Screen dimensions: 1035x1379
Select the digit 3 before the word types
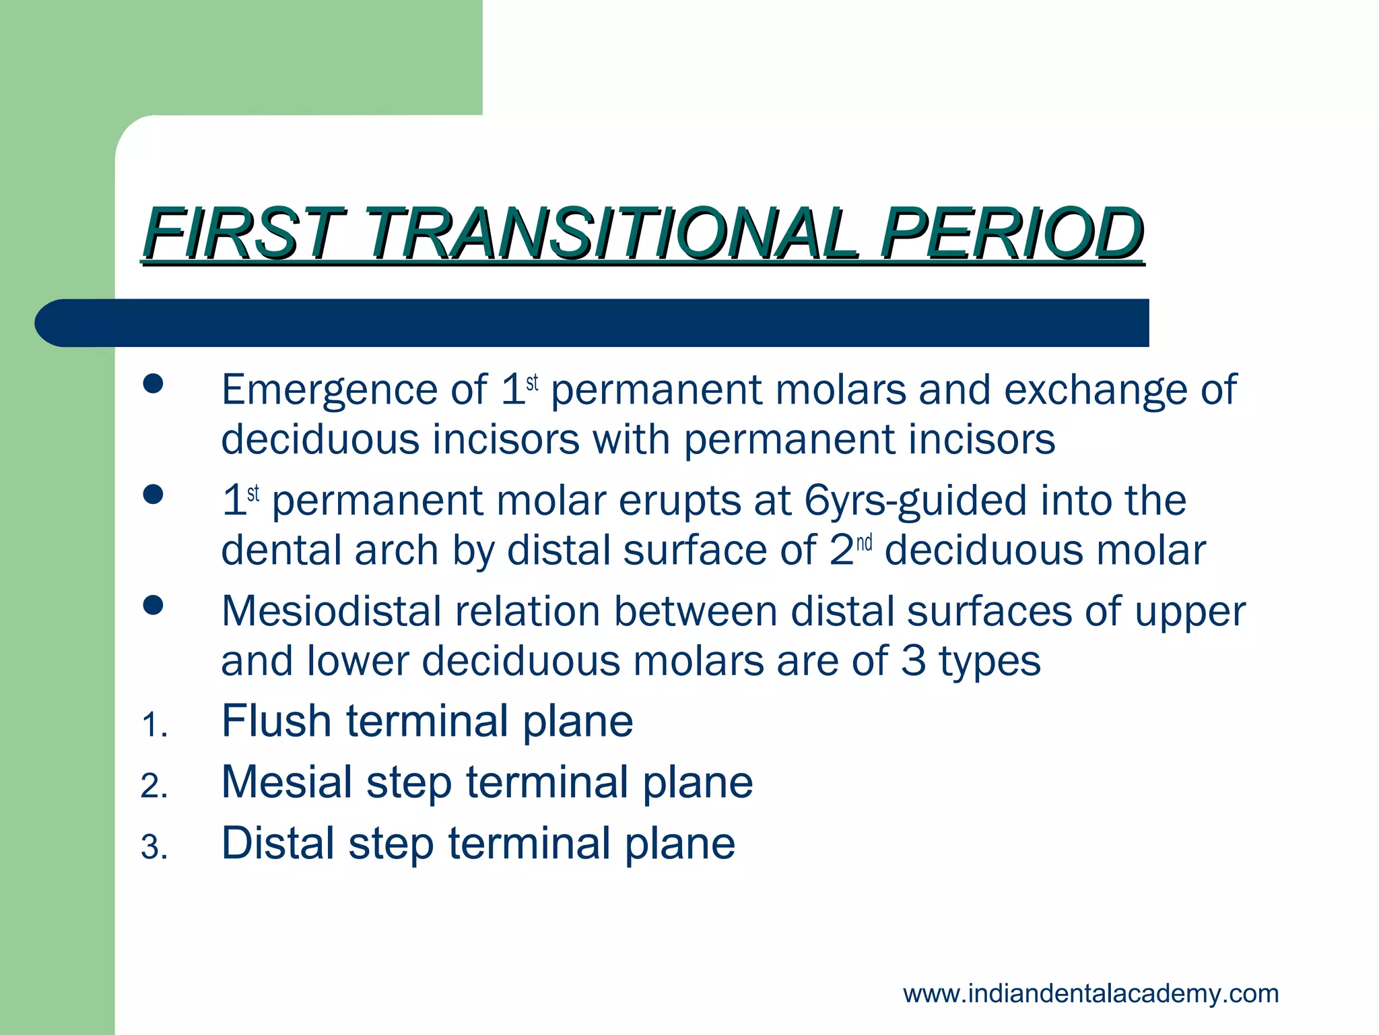pos(914,661)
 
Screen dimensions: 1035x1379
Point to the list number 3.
pos(154,848)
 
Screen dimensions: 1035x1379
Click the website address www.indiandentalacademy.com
pos(1090,994)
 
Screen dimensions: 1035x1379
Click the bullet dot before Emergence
pos(154,384)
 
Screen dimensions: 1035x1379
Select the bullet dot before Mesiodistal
pos(154,605)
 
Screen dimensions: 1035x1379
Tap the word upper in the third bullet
pos(1190,612)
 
